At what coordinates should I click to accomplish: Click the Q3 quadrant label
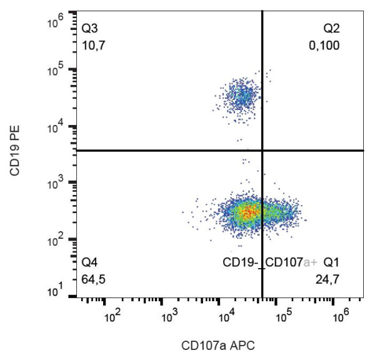[x=91, y=29]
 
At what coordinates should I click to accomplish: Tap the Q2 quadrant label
[x=331, y=29]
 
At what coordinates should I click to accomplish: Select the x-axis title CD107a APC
[x=218, y=344]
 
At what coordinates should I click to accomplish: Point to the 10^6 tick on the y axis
[x=57, y=22]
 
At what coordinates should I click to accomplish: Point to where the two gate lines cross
[x=262, y=150]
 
